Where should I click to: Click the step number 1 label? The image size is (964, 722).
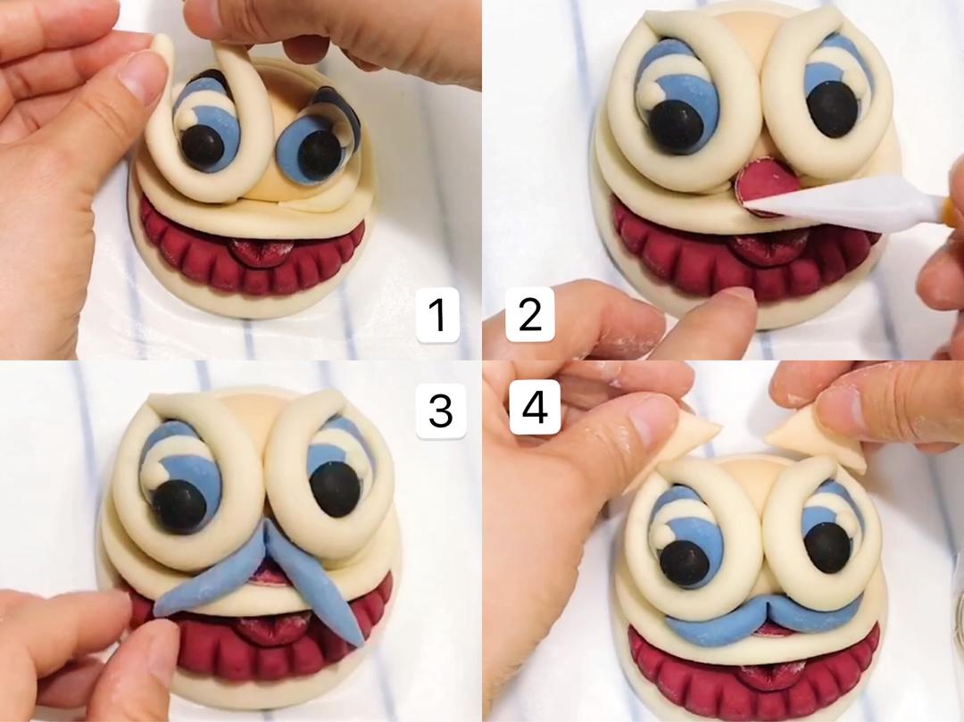pos(437,315)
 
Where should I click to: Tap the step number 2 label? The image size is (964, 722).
pos(529,315)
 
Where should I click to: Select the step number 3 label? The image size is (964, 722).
pos(441,410)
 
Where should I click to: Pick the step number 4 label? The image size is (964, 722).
pos(535,406)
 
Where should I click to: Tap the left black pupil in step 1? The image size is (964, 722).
pos(202,148)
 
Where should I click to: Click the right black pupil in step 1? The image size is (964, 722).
pos(319,155)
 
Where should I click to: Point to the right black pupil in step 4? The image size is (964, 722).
pos(827,546)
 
